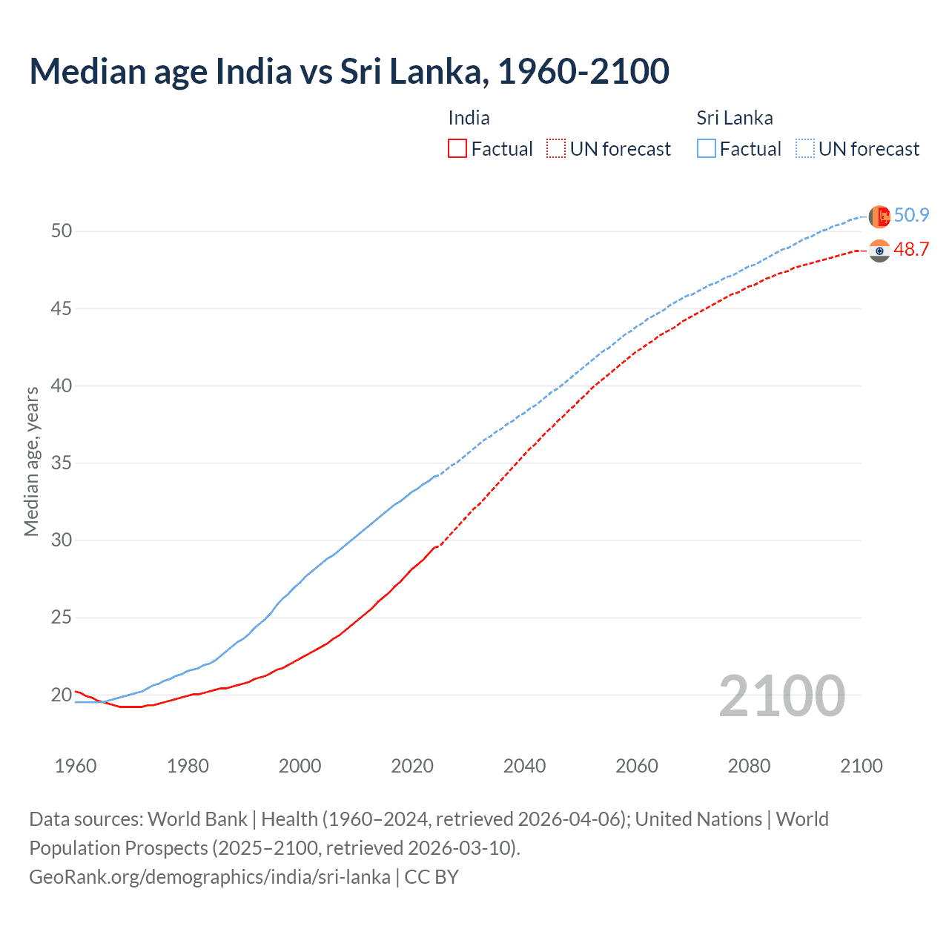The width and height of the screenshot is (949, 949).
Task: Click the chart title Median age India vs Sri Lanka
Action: click(x=348, y=72)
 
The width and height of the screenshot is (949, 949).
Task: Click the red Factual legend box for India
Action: click(x=457, y=149)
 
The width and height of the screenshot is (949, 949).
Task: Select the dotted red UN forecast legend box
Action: click(x=556, y=149)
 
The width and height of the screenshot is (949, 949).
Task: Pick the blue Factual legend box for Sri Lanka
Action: click(x=707, y=149)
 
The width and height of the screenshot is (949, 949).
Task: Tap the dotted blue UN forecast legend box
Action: click(x=804, y=149)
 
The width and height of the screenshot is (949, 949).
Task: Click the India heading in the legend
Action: click(x=469, y=119)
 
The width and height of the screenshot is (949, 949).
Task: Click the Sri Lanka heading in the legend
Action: click(x=734, y=119)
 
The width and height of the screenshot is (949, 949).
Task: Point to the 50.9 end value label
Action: click(x=911, y=216)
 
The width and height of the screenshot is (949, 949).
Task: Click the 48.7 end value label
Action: click(x=911, y=250)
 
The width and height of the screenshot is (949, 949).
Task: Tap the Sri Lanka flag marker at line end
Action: click(x=879, y=216)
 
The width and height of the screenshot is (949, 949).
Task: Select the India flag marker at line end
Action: click(x=879, y=251)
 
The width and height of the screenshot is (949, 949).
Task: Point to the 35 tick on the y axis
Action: click(x=62, y=463)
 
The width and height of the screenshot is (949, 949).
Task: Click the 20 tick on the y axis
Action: click(x=62, y=695)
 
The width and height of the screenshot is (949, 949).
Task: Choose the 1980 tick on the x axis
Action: click(x=188, y=766)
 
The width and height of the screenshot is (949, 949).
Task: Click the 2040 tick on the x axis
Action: click(x=524, y=766)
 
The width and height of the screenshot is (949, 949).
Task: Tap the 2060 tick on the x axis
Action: click(x=637, y=766)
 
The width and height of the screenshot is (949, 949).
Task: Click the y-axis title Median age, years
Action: click(x=32, y=461)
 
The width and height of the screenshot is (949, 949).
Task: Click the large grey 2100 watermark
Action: click(x=781, y=695)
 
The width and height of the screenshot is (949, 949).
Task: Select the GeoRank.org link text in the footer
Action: click(x=209, y=877)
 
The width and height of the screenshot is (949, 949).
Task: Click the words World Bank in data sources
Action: click(x=197, y=819)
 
